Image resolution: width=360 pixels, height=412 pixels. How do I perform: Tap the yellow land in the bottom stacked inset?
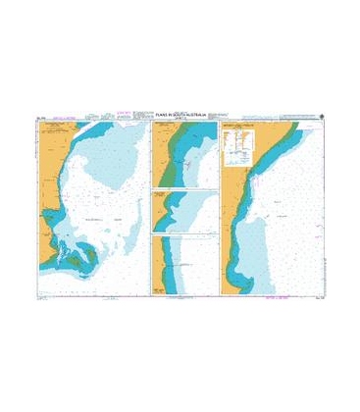point(158,265)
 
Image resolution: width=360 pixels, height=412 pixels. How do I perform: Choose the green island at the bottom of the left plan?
point(78,257)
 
